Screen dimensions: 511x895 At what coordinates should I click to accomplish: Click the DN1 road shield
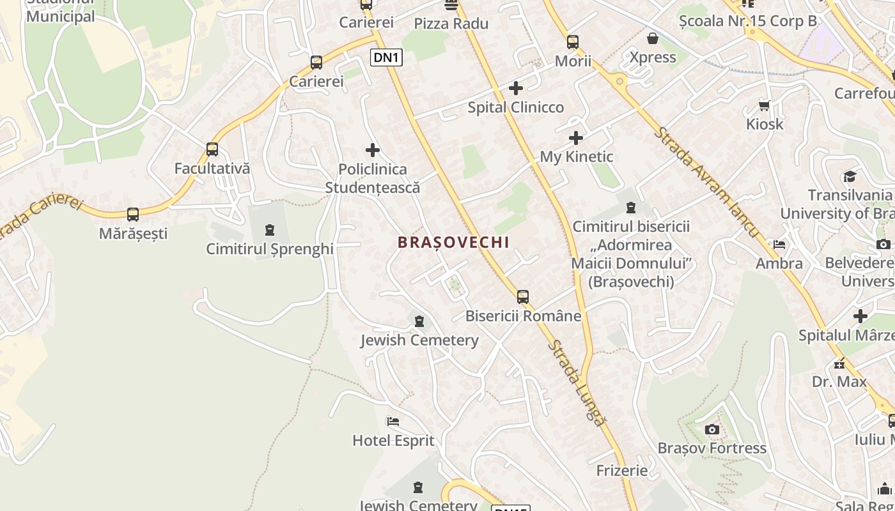pos(386,57)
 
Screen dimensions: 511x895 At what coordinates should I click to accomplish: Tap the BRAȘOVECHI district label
pos(453,243)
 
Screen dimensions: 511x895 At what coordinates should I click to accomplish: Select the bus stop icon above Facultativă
pos(212,149)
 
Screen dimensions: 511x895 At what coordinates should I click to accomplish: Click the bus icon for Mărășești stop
pos(133,215)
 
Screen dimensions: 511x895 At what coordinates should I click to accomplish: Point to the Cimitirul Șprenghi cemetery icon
pos(270,230)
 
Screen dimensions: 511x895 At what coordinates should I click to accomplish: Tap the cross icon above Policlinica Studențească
pos(373,150)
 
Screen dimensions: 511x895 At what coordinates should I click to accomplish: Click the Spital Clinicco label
pos(516,107)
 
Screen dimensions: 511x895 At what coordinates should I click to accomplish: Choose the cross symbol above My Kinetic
pos(576,137)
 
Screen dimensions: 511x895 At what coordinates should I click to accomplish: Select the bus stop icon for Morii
pos(573,42)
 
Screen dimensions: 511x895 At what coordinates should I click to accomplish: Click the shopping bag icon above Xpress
pos(653,38)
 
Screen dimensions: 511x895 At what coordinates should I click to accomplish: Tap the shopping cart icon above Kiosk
pos(764,105)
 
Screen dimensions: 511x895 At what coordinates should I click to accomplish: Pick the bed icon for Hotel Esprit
pos(393,422)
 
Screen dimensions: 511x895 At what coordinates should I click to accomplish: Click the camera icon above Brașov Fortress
pos(712,429)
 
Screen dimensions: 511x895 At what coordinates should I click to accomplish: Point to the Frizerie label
pos(622,471)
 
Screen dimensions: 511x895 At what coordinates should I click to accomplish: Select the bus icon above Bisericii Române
pos(523,296)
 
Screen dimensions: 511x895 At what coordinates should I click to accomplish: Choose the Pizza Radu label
pos(451,24)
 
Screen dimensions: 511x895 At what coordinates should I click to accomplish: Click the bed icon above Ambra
pos(779,244)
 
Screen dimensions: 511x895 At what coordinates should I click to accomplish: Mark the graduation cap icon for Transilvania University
pos(850,176)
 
